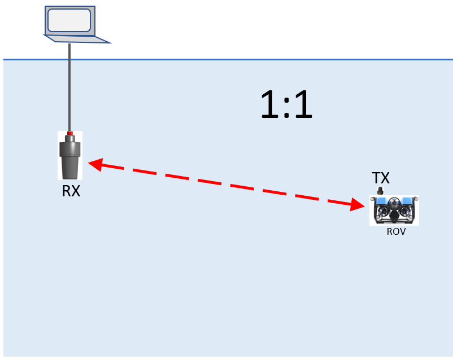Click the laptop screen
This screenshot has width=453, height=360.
coord(69,20)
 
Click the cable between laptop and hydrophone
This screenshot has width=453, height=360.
coord(69,85)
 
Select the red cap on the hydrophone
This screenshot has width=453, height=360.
coord(70,134)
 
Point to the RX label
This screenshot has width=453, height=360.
coord(71,191)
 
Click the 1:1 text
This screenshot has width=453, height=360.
coord(286,106)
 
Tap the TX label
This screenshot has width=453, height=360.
coord(381,178)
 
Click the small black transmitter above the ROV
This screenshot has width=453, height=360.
coord(380,191)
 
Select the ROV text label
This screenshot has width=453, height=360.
coord(396,231)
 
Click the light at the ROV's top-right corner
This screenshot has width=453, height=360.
coord(416,198)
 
